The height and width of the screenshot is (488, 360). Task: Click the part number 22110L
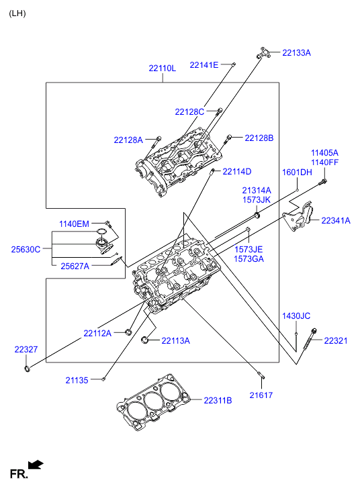163,68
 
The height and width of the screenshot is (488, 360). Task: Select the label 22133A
296,52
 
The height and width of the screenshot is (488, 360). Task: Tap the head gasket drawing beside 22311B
153,402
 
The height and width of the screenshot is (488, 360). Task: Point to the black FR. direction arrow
36,465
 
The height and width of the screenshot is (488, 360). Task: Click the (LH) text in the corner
17,13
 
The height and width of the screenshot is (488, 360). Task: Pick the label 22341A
336,220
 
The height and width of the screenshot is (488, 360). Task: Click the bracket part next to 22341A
298,217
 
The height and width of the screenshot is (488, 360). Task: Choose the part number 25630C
26,249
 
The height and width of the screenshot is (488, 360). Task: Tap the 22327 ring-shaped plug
28,369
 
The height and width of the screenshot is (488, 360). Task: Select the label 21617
261,395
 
